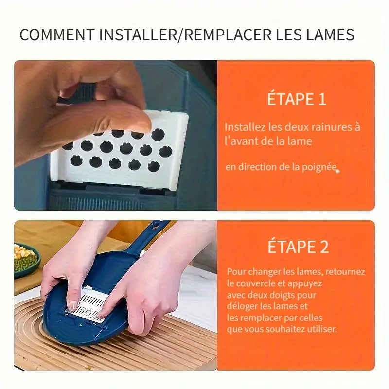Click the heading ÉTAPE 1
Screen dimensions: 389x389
[296, 99]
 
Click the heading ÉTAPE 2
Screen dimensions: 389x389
[298, 247]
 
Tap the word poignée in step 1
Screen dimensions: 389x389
[318, 167]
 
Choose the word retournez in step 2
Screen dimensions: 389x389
[345, 271]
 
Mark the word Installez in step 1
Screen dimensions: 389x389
[245, 127]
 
